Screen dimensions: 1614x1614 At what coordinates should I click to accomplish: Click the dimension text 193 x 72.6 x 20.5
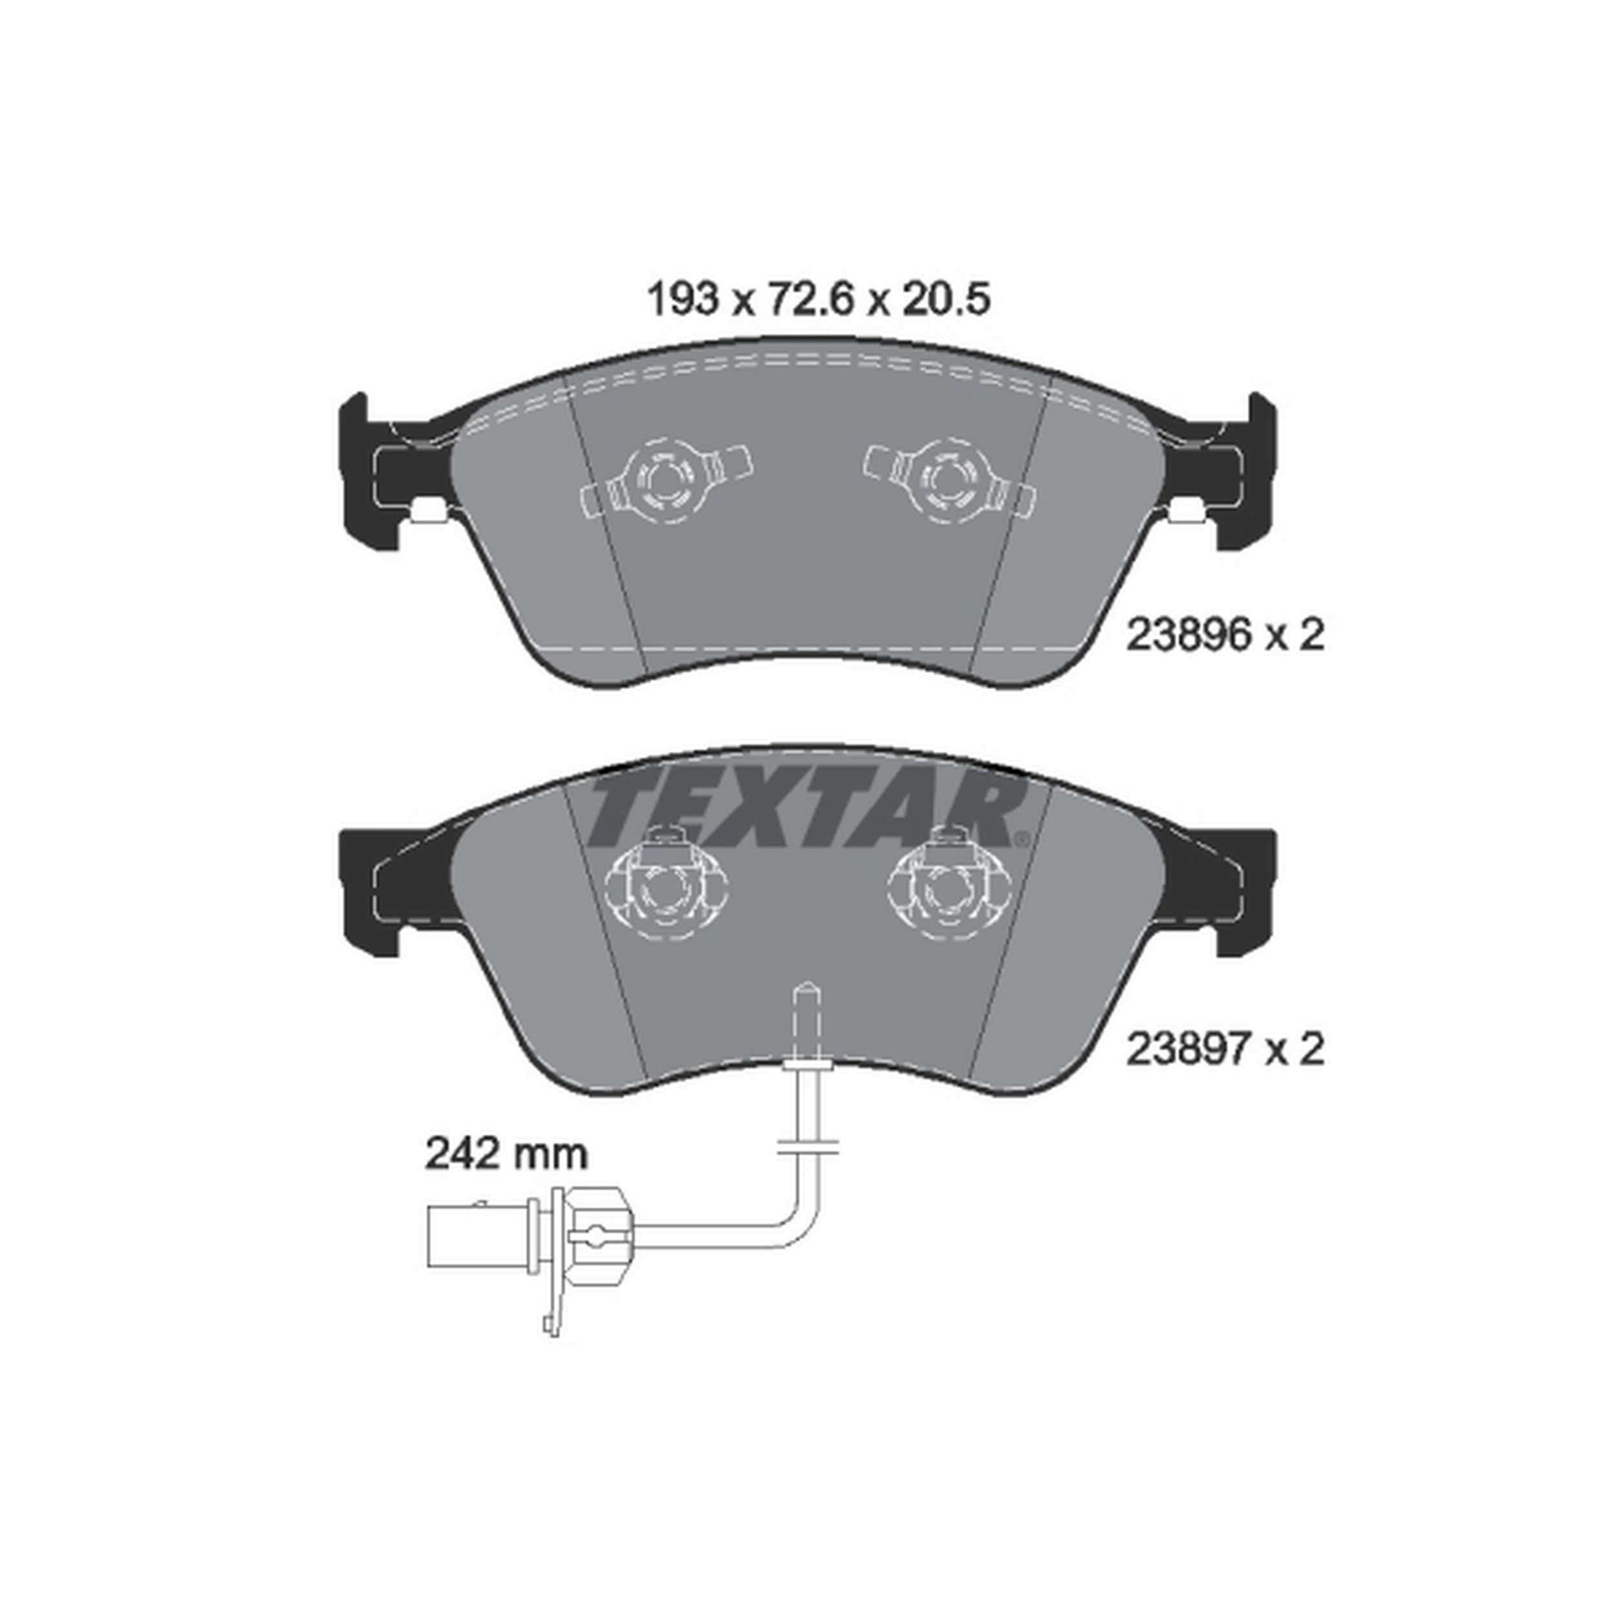tap(819, 299)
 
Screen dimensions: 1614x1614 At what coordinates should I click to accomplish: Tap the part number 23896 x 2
tap(1225, 636)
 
